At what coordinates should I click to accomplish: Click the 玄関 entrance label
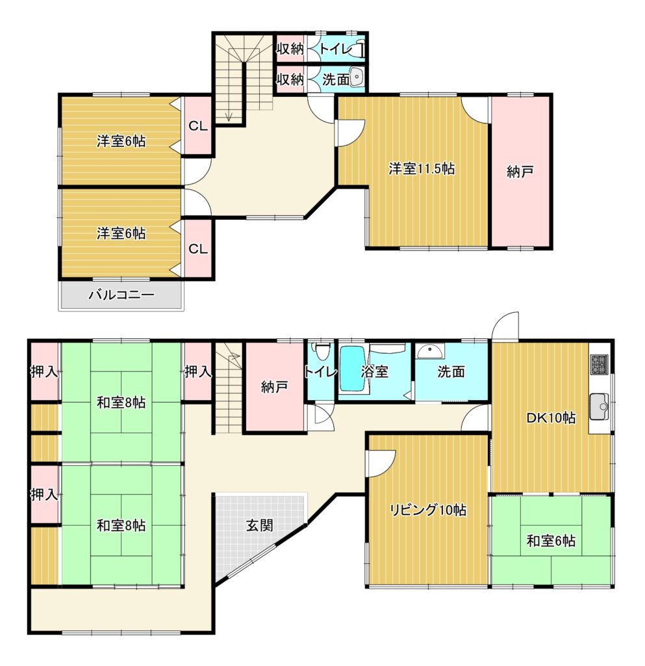(x=260, y=526)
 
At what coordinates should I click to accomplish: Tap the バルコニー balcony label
(x=121, y=295)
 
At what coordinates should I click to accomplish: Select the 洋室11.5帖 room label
(x=422, y=168)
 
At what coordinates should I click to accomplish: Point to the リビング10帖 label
(x=428, y=509)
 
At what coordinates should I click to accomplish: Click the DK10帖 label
(x=550, y=418)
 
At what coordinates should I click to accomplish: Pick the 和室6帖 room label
(x=551, y=540)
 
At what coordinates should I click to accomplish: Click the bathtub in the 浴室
(x=353, y=369)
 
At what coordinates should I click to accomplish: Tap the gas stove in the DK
(x=600, y=364)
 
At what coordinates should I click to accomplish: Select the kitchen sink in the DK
(x=599, y=407)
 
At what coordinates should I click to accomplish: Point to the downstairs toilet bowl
(x=321, y=351)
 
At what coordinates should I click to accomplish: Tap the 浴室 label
(x=374, y=371)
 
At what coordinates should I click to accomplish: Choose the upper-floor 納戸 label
(x=520, y=172)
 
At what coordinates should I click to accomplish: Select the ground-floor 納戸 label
(x=274, y=386)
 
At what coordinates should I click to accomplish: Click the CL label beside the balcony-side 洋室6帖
(x=198, y=248)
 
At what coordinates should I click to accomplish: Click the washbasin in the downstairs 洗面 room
(x=431, y=351)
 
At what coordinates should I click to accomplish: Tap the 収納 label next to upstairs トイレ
(x=290, y=48)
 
